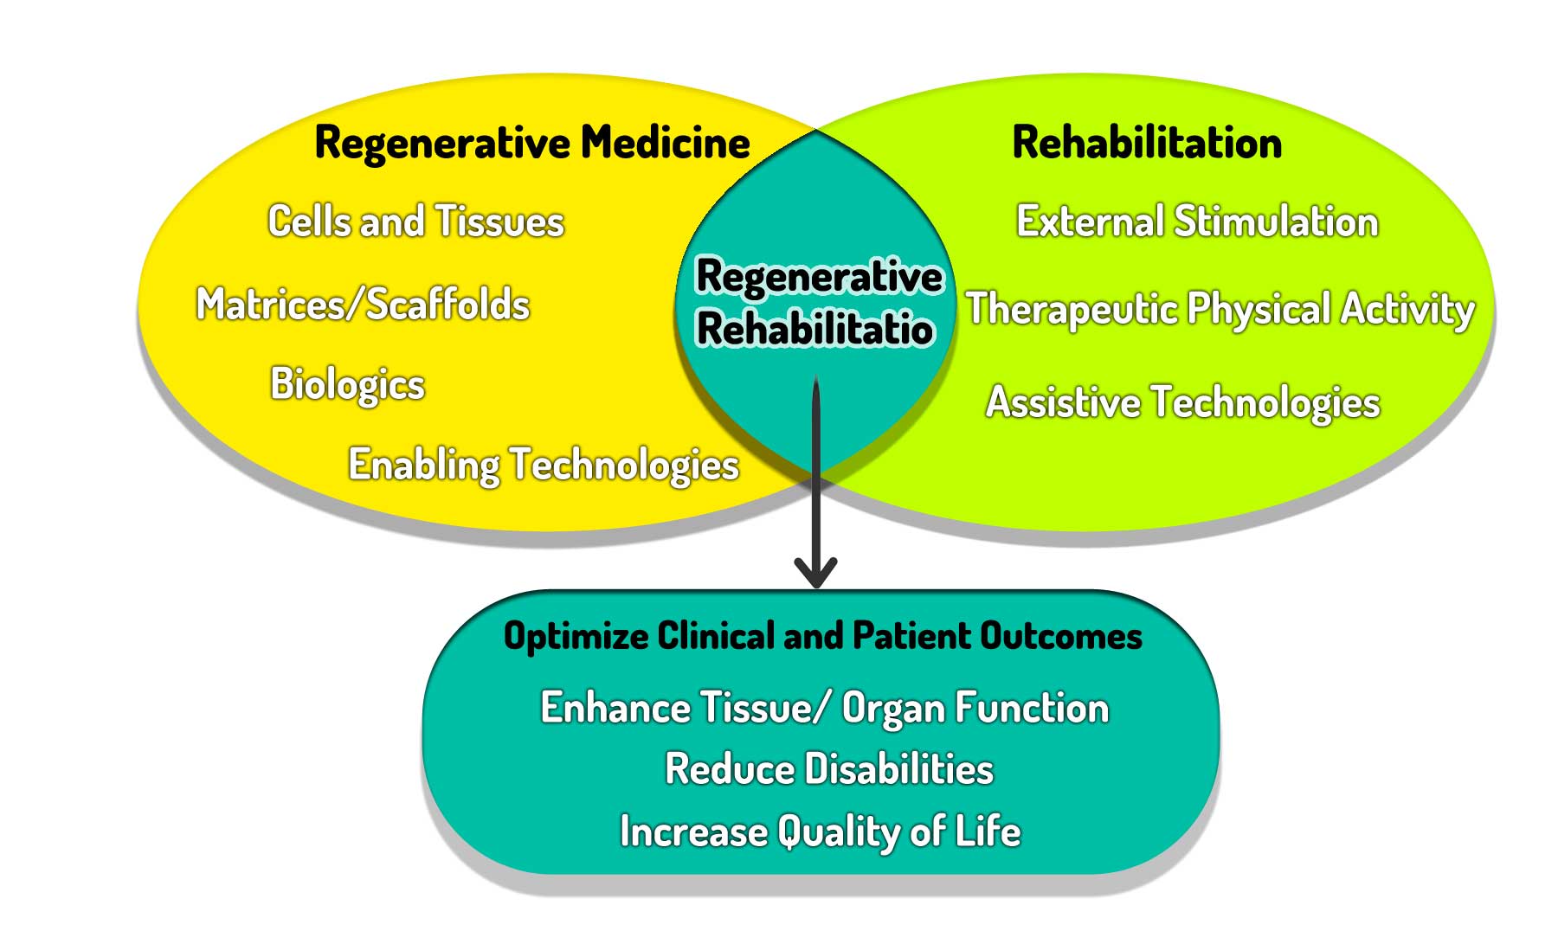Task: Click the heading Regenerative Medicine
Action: pos(531,143)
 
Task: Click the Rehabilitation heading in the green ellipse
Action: pos(1147,143)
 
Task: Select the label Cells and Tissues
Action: pos(415,222)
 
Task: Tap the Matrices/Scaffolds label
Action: pos(363,305)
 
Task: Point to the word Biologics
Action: pos(347,384)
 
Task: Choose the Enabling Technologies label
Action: pos(543,466)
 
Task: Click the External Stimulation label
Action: pos(1197,222)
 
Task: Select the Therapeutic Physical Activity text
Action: pos(1220,309)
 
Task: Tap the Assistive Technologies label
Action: pos(1182,402)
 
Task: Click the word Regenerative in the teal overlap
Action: pos(819,278)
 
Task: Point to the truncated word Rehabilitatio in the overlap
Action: pos(814,330)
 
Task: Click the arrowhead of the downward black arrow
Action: pos(815,573)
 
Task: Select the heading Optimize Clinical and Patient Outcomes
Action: pos(822,636)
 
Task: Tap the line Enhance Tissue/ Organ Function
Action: pos(824,708)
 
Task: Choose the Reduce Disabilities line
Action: pos(828,769)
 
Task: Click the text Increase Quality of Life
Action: pos(820,832)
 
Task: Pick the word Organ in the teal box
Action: pos(892,709)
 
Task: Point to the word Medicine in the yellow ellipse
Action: pos(665,143)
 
